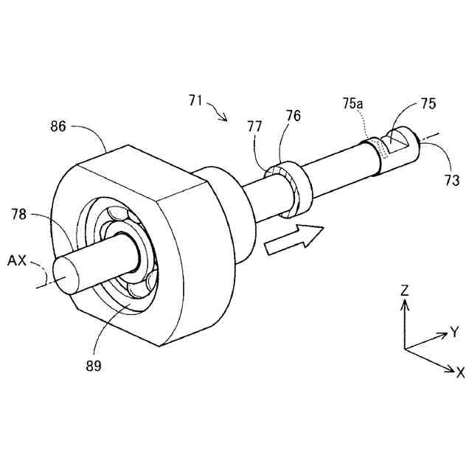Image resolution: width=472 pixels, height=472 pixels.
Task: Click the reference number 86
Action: (58, 126)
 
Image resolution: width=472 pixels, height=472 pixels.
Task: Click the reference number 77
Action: (254, 127)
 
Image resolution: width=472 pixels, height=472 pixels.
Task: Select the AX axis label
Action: (18, 260)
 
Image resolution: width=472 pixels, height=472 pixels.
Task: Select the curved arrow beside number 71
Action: (219, 111)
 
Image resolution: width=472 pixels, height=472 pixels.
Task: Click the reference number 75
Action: (427, 104)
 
